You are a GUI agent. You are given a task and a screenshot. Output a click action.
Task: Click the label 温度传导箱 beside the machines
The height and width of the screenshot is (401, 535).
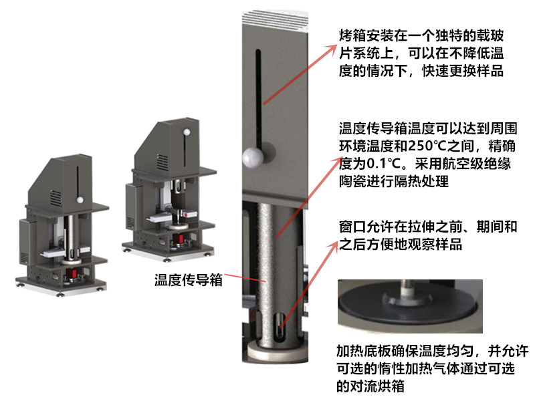pos(189,280)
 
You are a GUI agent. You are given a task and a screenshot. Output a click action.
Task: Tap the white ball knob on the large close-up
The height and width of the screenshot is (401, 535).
pos(253,158)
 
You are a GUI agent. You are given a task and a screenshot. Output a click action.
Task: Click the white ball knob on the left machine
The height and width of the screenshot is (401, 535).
pos(80,199)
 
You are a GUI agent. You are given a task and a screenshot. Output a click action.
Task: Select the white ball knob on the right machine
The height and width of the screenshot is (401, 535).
pos(187,132)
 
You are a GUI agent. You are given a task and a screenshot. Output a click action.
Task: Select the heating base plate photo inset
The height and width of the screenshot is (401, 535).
pos(410,306)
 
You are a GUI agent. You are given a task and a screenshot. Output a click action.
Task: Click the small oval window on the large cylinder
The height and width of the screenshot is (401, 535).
pos(280,326)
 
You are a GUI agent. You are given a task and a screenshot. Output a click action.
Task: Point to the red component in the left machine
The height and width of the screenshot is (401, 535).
pos(72,273)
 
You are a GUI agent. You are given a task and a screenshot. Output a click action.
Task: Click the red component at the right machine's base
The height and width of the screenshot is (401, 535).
pos(179,239)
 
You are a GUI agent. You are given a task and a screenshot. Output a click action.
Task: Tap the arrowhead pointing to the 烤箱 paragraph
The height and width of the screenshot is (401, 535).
pos(332,49)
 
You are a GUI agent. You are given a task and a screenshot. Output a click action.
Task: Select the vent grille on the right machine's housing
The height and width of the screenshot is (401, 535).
pos(163,161)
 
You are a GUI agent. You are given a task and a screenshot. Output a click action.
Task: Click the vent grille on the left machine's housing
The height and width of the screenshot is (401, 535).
pos(56,198)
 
